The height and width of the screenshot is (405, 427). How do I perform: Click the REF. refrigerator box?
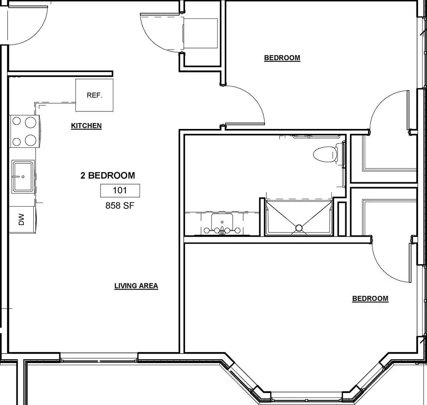tap(94, 95)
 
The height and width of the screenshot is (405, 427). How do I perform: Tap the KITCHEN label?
tap(86, 126)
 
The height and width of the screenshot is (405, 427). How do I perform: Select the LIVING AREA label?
tap(136, 286)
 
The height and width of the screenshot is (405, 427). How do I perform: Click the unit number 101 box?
tap(120, 190)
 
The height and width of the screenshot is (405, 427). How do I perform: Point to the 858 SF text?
tap(120, 205)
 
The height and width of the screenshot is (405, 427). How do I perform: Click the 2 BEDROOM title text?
tap(108, 175)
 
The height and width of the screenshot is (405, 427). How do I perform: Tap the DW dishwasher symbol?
tap(22, 219)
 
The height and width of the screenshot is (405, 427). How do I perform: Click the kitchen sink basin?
tap(23, 176)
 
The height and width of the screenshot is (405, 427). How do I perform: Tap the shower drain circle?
tap(299, 228)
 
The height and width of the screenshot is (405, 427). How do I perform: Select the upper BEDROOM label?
tap(282, 58)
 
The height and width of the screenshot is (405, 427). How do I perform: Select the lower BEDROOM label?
tap(370, 298)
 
